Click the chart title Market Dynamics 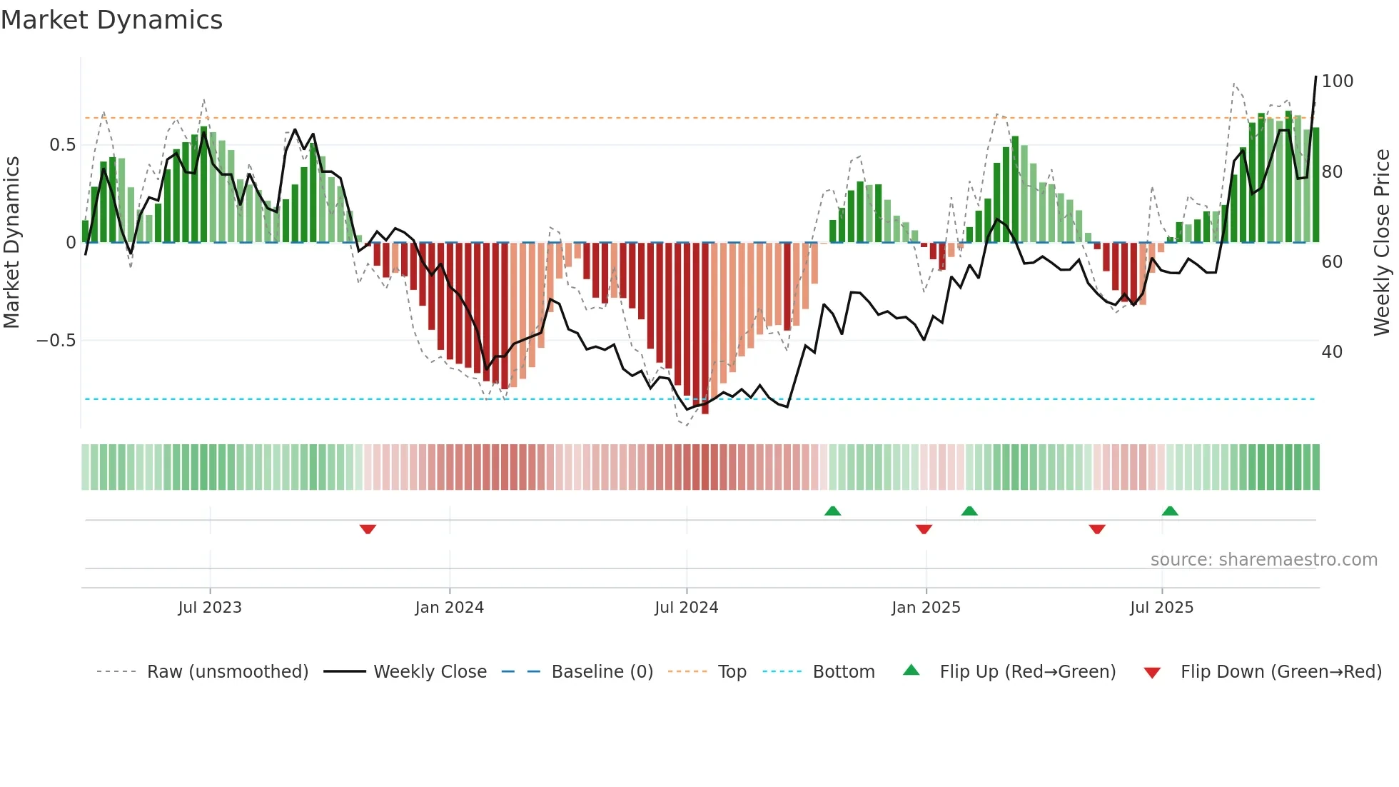coord(111,20)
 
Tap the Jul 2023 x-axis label coord(210,608)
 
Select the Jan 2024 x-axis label coord(450,608)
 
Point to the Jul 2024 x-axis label coord(687,608)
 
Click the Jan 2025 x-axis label coord(926,608)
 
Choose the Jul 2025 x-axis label coord(1162,608)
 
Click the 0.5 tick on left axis coord(62,145)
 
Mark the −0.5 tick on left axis coord(56,341)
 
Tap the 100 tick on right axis coord(1337,81)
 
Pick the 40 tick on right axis coord(1332,352)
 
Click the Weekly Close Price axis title coord(1382,243)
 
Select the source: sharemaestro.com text coord(1264,560)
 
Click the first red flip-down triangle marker coord(368,529)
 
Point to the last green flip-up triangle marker coord(1170,511)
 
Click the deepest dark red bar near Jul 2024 coord(705,329)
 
